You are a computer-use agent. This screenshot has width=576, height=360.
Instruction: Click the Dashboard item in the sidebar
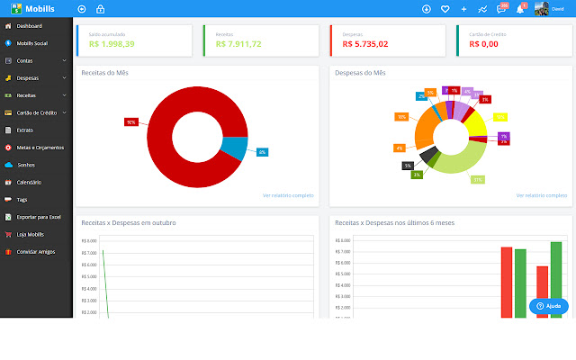click(x=29, y=26)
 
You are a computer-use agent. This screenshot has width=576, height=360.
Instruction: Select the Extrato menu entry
click(x=25, y=130)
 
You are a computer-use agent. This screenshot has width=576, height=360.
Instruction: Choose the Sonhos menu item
click(x=25, y=165)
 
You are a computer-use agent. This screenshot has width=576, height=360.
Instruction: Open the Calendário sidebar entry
click(x=30, y=182)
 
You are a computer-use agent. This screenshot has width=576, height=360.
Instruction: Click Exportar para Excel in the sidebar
click(x=38, y=217)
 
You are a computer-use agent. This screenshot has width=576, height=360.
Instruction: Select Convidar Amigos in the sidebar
click(x=36, y=251)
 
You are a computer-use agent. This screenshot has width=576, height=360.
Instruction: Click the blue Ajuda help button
click(x=548, y=306)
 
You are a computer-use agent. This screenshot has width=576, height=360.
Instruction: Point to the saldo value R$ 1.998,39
click(x=112, y=43)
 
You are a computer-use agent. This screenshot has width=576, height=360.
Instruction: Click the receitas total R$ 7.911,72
click(x=238, y=43)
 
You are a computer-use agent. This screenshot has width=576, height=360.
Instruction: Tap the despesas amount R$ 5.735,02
click(x=365, y=43)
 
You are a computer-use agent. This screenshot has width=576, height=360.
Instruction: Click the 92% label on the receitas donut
click(x=131, y=121)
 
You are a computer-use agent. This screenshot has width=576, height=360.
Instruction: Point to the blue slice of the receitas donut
click(x=234, y=148)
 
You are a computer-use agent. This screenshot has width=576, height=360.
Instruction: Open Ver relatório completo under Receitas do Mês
click(x=288, y=194)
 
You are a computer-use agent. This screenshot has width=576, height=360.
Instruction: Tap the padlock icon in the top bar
click(x=100, y=9)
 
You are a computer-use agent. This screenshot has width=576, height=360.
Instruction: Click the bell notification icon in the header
click(x=520, y=9)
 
